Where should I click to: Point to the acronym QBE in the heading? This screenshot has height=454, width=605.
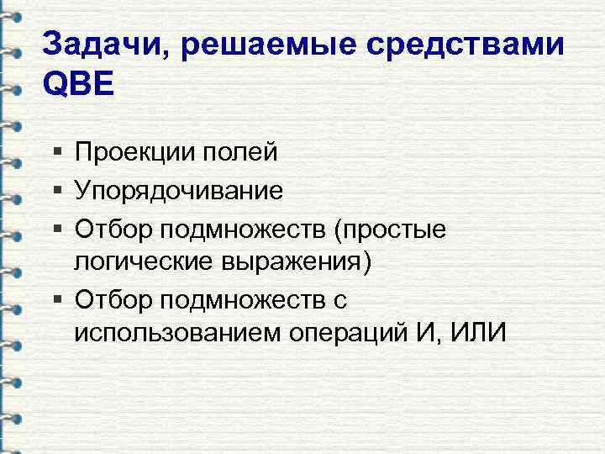point(76,85)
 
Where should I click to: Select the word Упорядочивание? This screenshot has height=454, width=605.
point(178,190)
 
